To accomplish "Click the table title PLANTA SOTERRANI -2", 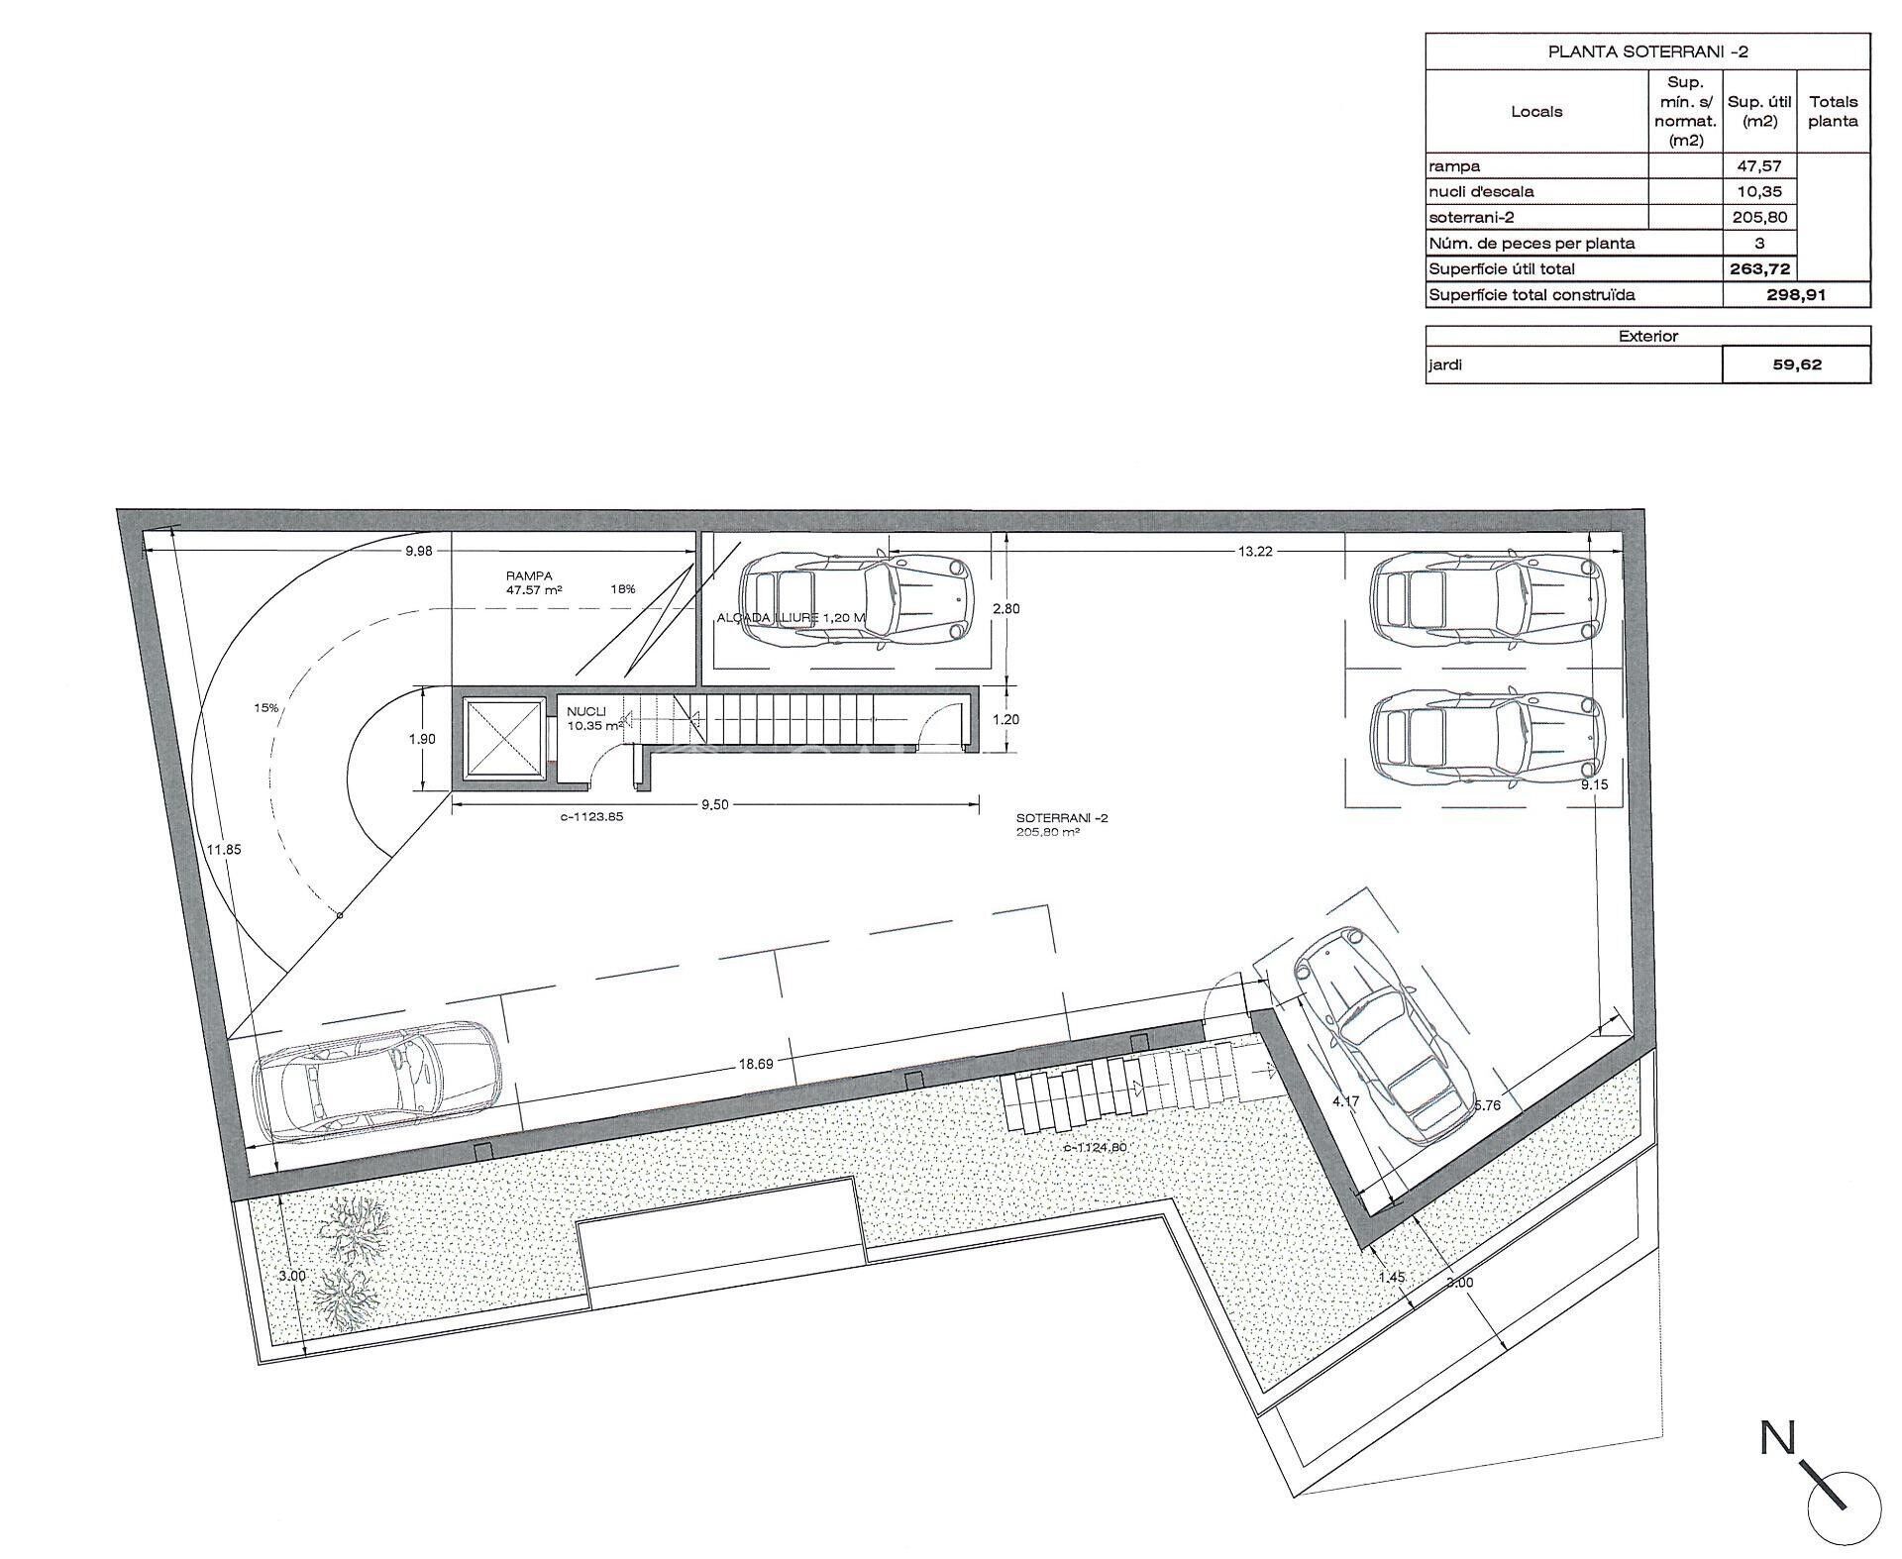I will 1647,52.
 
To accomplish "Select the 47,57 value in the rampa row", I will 1758,166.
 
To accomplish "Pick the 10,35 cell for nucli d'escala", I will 1758,192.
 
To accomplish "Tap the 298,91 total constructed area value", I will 1795,294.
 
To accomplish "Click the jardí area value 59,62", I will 1796,364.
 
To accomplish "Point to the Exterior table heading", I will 1647,337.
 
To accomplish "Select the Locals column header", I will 1536,112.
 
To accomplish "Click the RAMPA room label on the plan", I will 528,575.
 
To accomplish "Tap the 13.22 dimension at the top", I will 1254,552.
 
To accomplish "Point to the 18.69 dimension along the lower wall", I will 755,1064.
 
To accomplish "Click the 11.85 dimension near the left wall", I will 224,849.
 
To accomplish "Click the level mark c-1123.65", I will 590,817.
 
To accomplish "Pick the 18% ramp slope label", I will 623,589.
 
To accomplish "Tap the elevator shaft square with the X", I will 503,739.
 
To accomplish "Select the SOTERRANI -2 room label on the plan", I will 1062,818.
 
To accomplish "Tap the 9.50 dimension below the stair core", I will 714,805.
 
